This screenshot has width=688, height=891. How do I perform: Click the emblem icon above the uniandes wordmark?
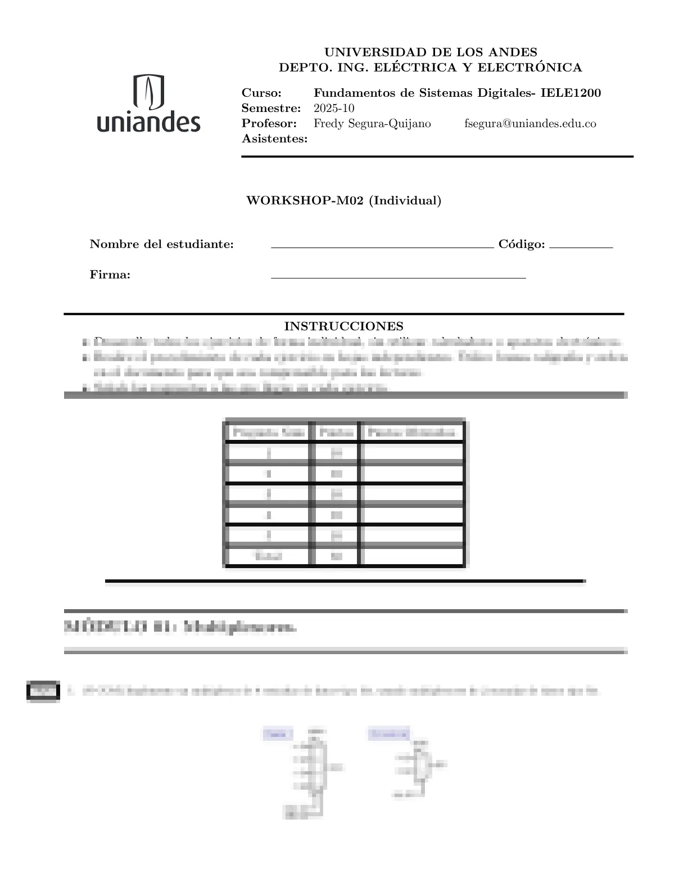[x=149, y=92]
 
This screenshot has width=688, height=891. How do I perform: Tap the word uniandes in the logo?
[x=148, y=121]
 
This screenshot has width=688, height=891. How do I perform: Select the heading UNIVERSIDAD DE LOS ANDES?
[x=431, y=52]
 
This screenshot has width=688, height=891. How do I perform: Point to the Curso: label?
[x=261, y=93]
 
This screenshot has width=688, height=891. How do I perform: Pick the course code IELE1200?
[x=571, y=93]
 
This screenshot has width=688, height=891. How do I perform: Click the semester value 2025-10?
[x=334, y=108]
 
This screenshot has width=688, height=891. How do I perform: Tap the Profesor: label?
[x=269, y=123]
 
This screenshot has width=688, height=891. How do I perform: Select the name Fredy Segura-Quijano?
[x=372, y=123]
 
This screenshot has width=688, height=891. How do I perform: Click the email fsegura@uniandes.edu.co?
[x=530, y=123]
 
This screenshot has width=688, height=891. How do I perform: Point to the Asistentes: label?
[x=274, y=138]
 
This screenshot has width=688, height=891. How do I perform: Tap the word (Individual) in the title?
[x=405, y=200]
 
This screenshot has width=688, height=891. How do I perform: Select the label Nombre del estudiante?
[x=161, y=244]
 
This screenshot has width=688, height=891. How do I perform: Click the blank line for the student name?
[x=382, y=247]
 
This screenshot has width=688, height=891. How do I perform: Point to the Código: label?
[x=522, y=244]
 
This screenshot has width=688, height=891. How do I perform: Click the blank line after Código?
[x=581, y=247]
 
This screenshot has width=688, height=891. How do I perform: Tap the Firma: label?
[x=110, y=274]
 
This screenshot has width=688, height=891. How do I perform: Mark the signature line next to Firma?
[x=398, y=277]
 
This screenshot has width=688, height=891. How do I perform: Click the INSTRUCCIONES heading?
[x=343, y=326]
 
